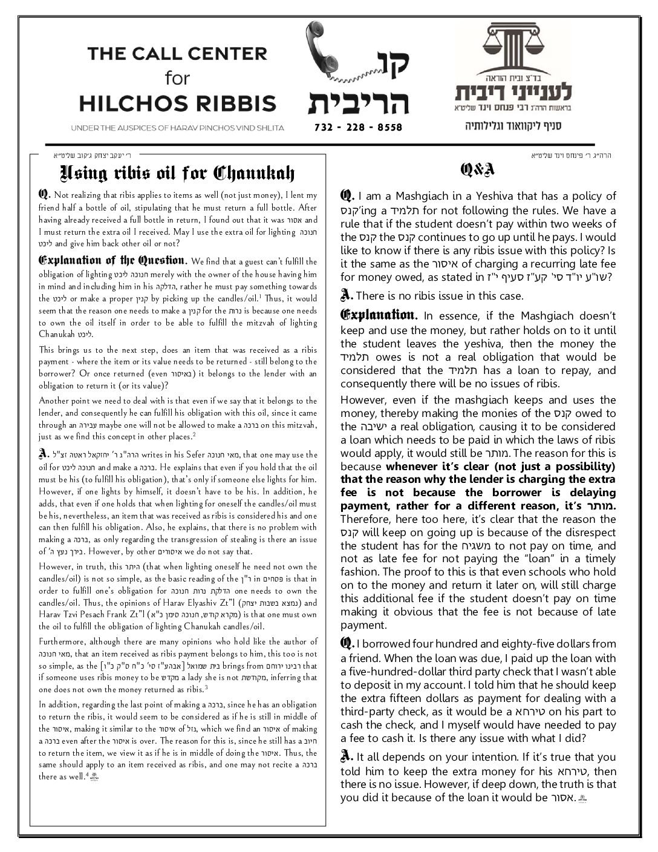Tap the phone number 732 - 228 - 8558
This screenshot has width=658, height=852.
pos(359,128)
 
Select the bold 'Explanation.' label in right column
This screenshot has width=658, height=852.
pos(379,315)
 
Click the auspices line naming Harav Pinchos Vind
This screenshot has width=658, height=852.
pos(177,128)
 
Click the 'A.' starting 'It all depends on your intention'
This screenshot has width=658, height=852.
pos(347,756)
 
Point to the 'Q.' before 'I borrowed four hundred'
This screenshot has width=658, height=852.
pos(347,643)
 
